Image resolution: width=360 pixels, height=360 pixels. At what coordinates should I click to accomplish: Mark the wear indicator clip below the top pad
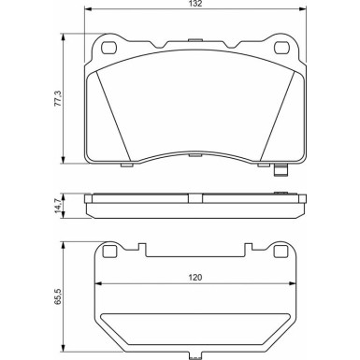pyautogui.click(x=280, y=171)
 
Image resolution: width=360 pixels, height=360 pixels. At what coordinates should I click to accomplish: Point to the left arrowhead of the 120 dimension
pyautogui.click(x=97, y=286)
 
